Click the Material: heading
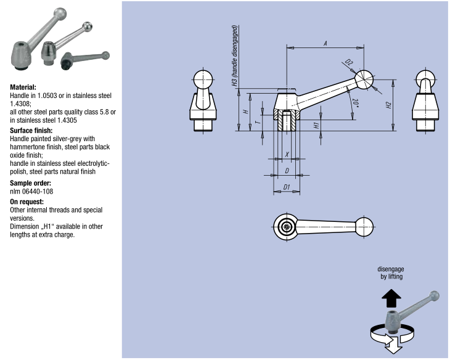(x=23, y=88)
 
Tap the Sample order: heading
(x=30, y=183)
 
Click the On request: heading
(x=27, y=202)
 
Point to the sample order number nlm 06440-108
(x=31, y=192)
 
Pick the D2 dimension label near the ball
(x=349, y=63)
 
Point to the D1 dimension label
(x=287, y=186)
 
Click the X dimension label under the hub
(x=287, y=154)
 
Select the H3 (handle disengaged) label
(x=235, y=58)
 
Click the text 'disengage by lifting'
(x=391, y=273)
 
